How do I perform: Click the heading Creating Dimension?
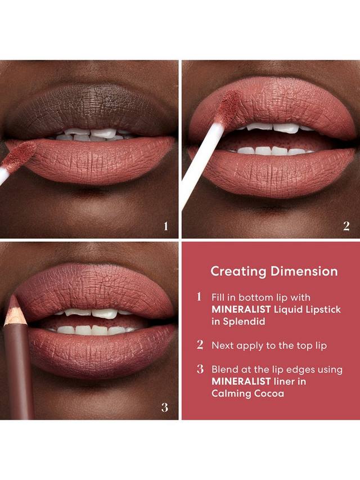(274, 271)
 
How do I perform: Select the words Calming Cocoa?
(247, 393)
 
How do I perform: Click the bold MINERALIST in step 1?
(241, 309)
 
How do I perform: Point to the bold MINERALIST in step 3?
(241, 382)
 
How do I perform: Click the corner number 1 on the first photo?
(165, 226)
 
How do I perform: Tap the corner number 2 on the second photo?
(346, 226)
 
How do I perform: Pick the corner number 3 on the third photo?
(165, 407)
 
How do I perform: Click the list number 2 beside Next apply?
(200, 345)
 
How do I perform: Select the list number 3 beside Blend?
(200, 369)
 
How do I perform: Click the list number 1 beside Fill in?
(199, 297)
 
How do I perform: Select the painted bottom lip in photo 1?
(92, 161)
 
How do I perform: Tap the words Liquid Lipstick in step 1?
(307, 309)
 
